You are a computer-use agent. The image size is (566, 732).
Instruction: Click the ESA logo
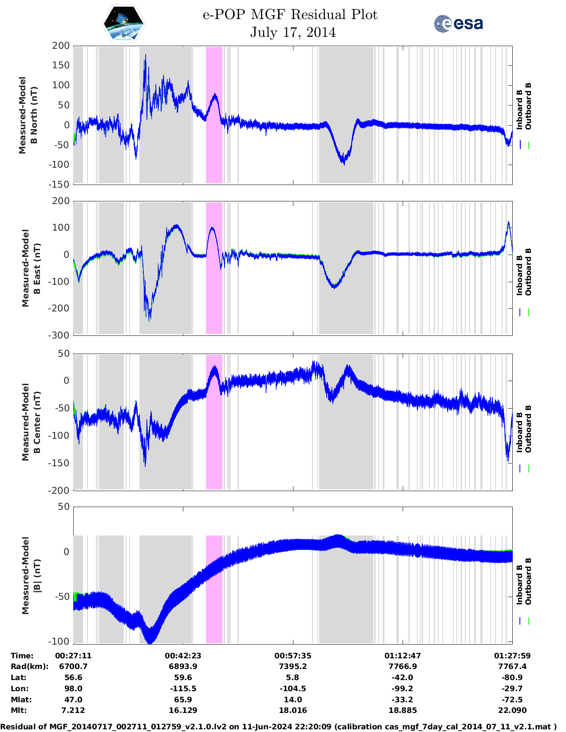pyautogui.click(x=458, y=24)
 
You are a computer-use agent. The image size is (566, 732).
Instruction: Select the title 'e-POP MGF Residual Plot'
pyautogui.click(x=290, y=15)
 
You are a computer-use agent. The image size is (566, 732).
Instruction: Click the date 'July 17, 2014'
pyautogui.click(x=293, y=32)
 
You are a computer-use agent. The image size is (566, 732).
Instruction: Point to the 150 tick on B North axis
pyautogui.click(x=61, y=65)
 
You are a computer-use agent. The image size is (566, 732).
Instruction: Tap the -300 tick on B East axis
pyautogui.click(x=59, y=335)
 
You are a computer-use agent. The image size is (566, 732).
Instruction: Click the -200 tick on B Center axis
pyautogui.click(x=59, y=490)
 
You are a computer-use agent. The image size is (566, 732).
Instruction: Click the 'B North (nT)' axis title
pyautogui.click(x=34, y=115)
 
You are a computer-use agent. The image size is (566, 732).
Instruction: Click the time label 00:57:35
pyautogui.click(x=293, y=656)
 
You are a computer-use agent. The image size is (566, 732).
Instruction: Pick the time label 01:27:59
pyautogui.click(x=512, y=656)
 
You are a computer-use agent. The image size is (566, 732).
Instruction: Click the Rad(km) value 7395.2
pyautogui.click(x=293, y=666)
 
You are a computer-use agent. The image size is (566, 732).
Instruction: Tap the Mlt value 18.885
pyautogui.click(x=403, y=710)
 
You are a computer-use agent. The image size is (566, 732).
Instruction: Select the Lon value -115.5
pyautogui.click(x=183, y=689)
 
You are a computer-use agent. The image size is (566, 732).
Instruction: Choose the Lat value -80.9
pyautogui.click(x=512, y=677)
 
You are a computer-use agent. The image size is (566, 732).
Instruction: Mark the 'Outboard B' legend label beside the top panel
pyautogui.click(x=528, y=106)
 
